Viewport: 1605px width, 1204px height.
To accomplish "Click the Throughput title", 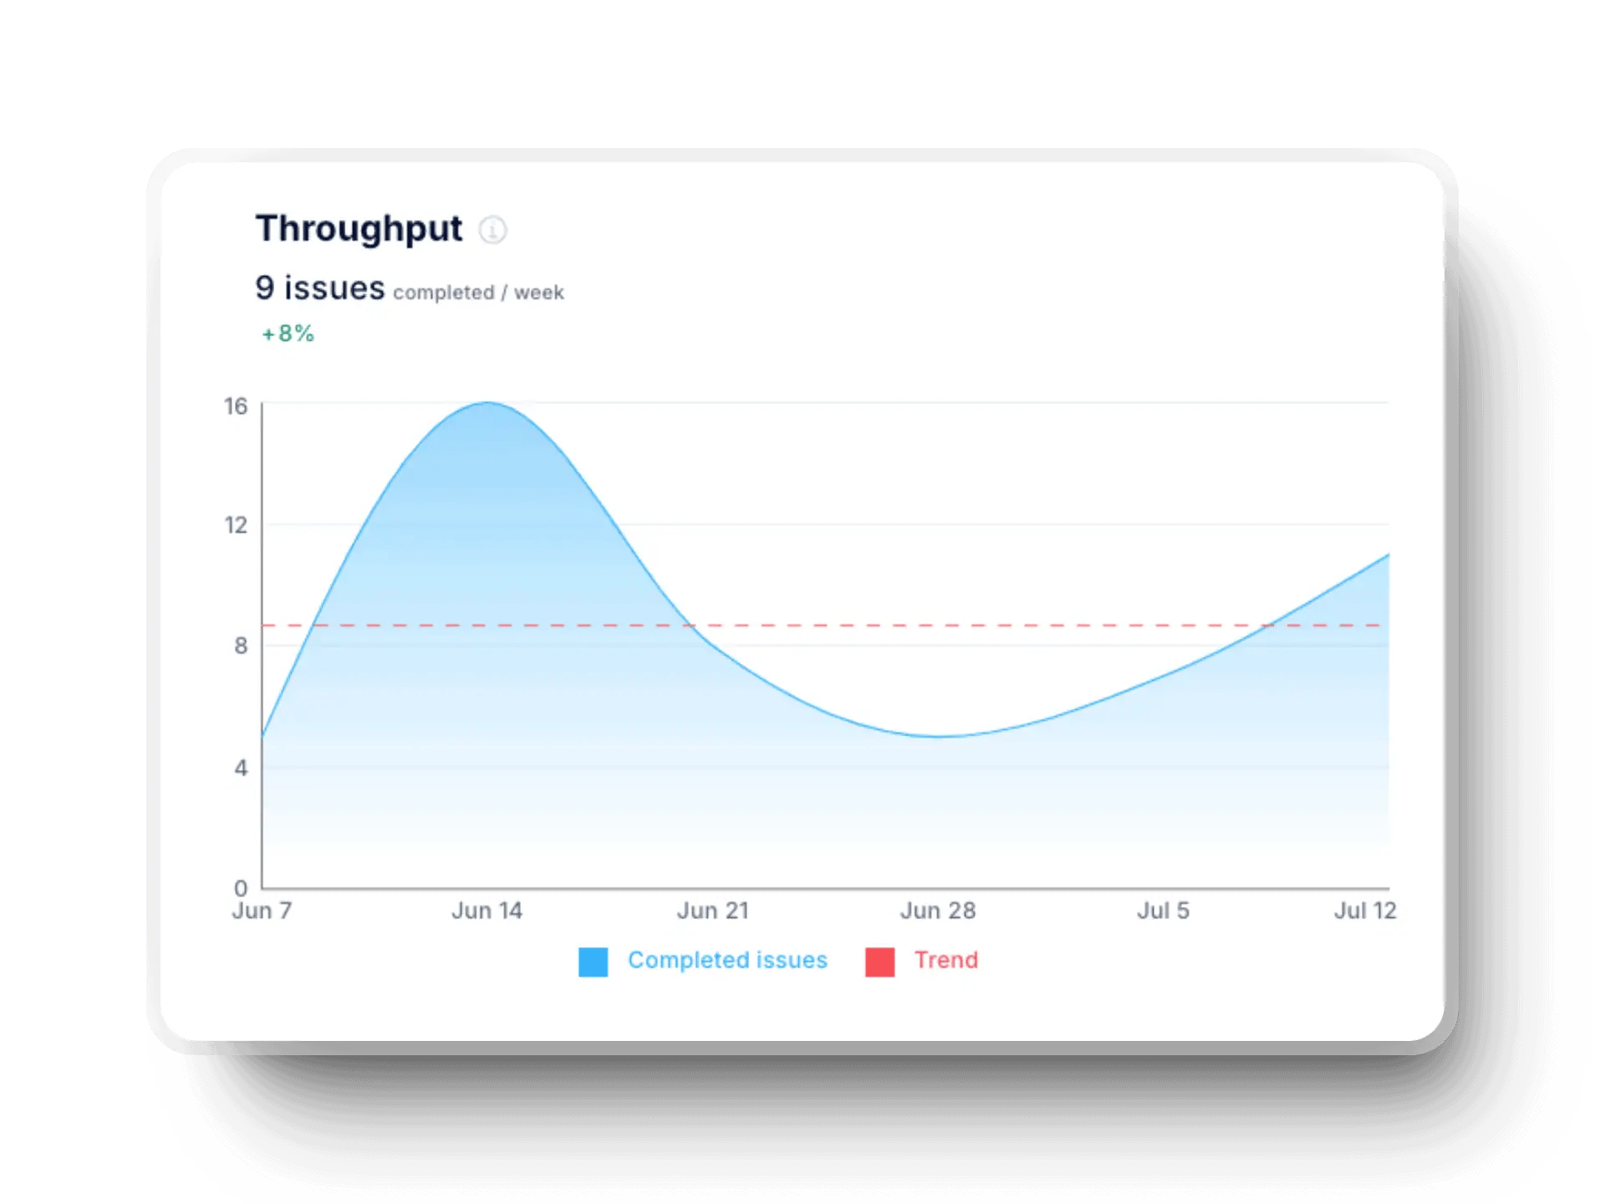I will (359, 228).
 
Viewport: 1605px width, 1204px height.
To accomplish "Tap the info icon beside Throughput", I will (492, 229).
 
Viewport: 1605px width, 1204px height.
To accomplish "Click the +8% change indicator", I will (288, 334).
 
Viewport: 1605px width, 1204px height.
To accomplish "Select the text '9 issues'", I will (319, 288).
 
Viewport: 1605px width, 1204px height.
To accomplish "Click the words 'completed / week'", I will (478, 293).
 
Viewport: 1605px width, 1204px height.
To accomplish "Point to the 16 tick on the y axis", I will (236, 406).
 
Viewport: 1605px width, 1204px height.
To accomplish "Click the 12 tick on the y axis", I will (236, 525).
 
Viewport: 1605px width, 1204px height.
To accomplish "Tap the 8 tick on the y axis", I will (241, 645).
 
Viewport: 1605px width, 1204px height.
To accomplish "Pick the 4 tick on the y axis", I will (241, 768).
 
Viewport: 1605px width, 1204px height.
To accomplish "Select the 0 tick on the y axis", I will (241, 887).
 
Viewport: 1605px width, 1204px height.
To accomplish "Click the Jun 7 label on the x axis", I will (262, 911).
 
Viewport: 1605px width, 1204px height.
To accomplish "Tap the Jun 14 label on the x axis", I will (487, 911).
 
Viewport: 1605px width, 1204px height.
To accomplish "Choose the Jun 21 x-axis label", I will (712, 911).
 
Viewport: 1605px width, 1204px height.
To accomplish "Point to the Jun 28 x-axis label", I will (938, 911).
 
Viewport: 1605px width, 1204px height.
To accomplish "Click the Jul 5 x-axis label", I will (1163, 911).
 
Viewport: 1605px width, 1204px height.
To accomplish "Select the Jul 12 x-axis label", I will (1364, 911).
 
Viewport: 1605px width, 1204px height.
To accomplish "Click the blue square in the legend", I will (593, 962).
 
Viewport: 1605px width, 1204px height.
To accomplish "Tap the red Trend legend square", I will (879, 962).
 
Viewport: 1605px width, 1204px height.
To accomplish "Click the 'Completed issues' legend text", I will (727, 960).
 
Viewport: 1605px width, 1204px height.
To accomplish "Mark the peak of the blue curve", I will (487, 403).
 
